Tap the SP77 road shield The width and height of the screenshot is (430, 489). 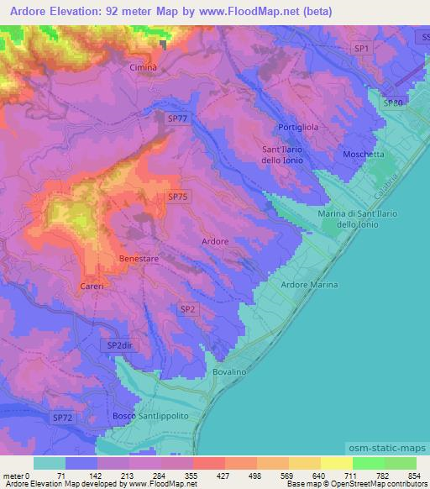pos(177,119)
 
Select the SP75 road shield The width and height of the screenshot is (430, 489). pos(177,197)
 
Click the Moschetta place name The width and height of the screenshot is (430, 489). pos(364,155)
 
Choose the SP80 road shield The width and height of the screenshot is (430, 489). pos(393,103)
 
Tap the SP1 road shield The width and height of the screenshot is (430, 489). pos(362,50)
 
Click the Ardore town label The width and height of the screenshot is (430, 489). pos(215,241)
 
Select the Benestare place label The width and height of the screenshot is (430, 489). pos(139,259)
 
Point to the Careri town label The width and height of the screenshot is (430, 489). pos(92,287)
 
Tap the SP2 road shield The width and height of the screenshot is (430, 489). pos(188,309)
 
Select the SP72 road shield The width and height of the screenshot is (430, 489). pos(63,417)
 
